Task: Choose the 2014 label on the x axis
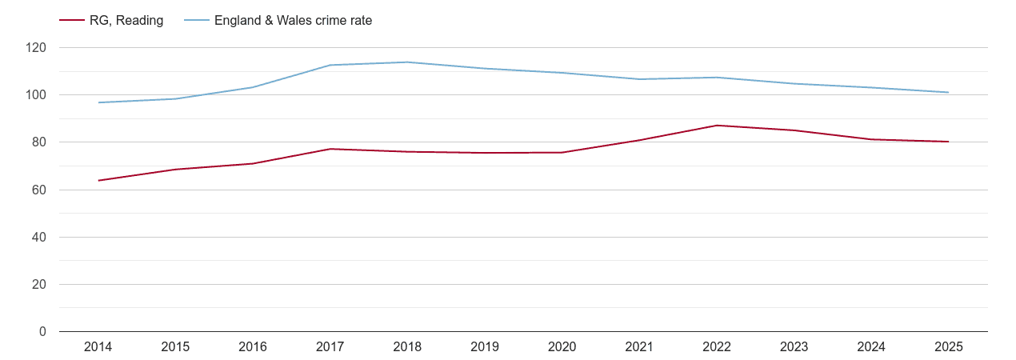(x=98, y=347)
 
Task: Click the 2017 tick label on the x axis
(x=330, y=347)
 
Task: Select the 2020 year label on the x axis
(x=562, y=347)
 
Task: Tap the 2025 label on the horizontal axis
(x=948, y=347)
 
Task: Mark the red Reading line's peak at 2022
(x=717, y=126)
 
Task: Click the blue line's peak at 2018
(x=407, y=62)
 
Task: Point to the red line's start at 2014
(x=98, y=181)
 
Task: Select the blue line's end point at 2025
(x=948, y=93)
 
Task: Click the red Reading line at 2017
(x=330, y=149)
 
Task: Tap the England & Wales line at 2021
(x=639, y=79)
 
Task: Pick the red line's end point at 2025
(x=948, y=142)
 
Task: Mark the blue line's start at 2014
(x=98, y=102)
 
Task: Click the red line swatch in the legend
(x=72, y=21)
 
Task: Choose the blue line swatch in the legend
(x=196, y=21)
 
